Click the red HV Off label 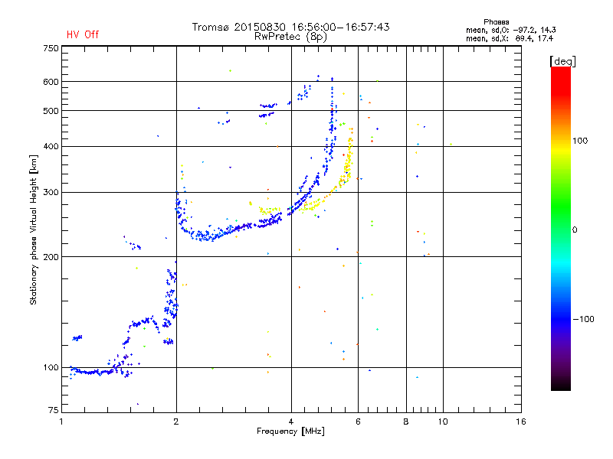tap(83, 34)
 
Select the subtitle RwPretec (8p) tap(290, 37)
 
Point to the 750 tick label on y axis tap(51, 48)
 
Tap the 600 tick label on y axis tap(51, 82)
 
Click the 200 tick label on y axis tap(51, 257)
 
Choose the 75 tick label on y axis tap(54, 410)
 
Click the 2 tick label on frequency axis tap(176, 422)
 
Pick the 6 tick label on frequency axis tap(358, 422)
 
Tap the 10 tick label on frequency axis tap(443, 422)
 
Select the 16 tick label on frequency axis tap(521, 422)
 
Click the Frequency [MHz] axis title tap(290, 431)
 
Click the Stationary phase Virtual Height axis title tap(33, 229)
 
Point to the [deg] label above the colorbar tap(562, 61)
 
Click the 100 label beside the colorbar tap(580, 141)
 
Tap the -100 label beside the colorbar tap(583, 319)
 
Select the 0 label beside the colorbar tap(575, 230)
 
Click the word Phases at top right tap(496, 22)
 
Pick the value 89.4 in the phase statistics tap(523, 38)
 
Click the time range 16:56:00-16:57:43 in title tap(340, 27)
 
